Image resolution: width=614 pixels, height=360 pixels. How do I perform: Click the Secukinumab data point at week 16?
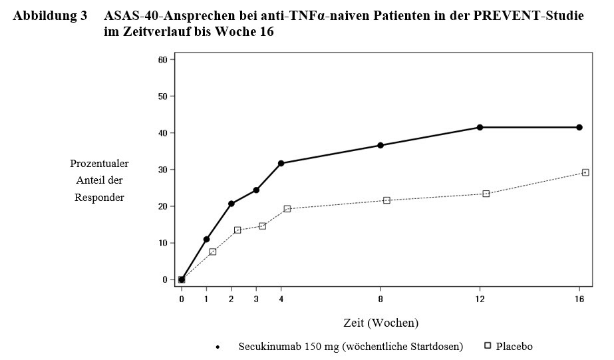pos(579,127)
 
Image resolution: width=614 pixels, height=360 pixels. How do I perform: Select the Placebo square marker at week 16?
pos(585,172)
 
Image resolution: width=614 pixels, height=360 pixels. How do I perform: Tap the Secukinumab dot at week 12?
pos(480,127)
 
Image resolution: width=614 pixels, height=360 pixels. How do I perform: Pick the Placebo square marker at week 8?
pos(386,200)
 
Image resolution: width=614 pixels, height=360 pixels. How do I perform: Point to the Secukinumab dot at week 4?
pos(281,163)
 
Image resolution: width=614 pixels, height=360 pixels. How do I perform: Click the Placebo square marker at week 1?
pos(213,252)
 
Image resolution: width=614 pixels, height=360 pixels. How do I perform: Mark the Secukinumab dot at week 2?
pos(231,204)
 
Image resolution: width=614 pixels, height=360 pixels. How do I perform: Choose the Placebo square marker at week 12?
pos(486,194)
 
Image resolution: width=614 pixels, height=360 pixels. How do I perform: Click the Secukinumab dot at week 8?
pos(381,145)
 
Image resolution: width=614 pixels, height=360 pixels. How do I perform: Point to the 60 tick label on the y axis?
pos(162,59)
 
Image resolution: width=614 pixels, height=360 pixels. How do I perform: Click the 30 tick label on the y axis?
pos(162,170)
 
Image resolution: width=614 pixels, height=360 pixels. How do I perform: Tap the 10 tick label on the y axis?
pos(162,243)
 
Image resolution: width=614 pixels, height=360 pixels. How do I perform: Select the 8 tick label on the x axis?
pos(381,299)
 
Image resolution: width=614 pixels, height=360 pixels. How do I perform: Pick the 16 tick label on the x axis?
pos(579,299)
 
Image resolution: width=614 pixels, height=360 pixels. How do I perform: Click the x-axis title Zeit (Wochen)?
pos(381,323)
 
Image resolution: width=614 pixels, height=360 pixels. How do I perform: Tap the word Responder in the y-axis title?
pos(99,198)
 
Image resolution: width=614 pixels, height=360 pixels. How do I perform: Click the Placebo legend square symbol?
pos(488,345)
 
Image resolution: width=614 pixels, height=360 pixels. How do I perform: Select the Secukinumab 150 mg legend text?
pos(351,347)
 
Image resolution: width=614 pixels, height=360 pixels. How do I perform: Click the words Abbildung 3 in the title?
pos(50,16)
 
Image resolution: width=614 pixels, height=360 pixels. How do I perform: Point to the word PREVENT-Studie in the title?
pos(528,16)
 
